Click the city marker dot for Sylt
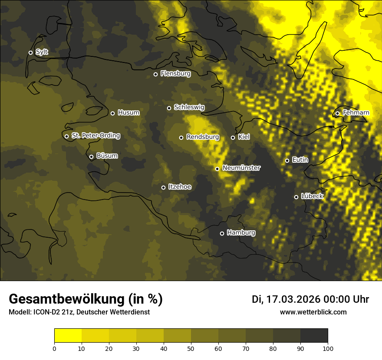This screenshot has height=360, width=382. pyautogui.click(x=30, y=52)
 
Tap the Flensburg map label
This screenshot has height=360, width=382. pyautogui.click(x=175, y=74)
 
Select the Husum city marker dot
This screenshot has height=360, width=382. pyautogui.click(x=112, y=113)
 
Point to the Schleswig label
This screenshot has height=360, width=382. pyautogui.click(x=189, y=107)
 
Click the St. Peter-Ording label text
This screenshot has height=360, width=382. pyautogui.click(x=95, y=136)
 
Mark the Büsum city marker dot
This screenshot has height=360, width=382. pyautogui.click(x=91, y=157)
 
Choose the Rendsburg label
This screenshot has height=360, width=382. pyautogui.click(x=203, y=137)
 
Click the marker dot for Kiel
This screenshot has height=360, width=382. pyautogui.click(x=233, y=137)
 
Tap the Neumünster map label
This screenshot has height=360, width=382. pyautogui.click(x=241, y=168)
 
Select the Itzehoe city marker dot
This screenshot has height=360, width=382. pyautogui.click(x=163, y=187)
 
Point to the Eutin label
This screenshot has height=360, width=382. pyautogui.click(x=300, y=160)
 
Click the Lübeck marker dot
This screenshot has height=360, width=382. pyautogui.click(x=296, y=197)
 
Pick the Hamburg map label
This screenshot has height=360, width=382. pyautogui.click(x=241, y=233)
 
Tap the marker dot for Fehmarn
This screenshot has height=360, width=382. pyautogui.click(x=337, y=114)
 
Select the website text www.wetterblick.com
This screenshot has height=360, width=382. pyautogui.click(x=313, y=312)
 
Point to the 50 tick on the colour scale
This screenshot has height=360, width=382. pyautogui.click(x=191, y=348)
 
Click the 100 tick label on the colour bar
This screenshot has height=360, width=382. pyautogui.click(x=327, y=348)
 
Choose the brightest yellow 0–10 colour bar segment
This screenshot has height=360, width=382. pyautogui.click(x=68, y=336)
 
